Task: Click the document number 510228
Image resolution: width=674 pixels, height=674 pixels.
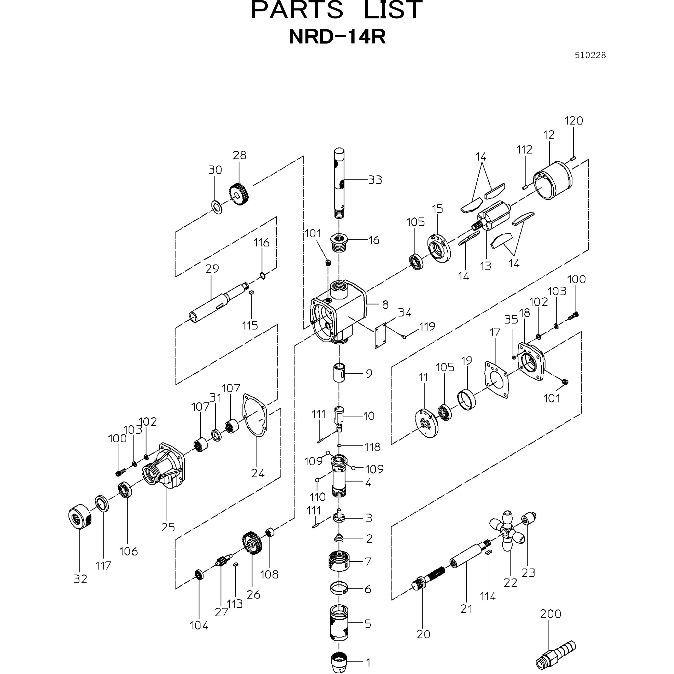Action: pos(590,55)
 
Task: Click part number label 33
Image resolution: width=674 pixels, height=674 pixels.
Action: pos(375,180)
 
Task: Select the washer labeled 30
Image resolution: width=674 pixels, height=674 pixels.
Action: pos(217,207)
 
